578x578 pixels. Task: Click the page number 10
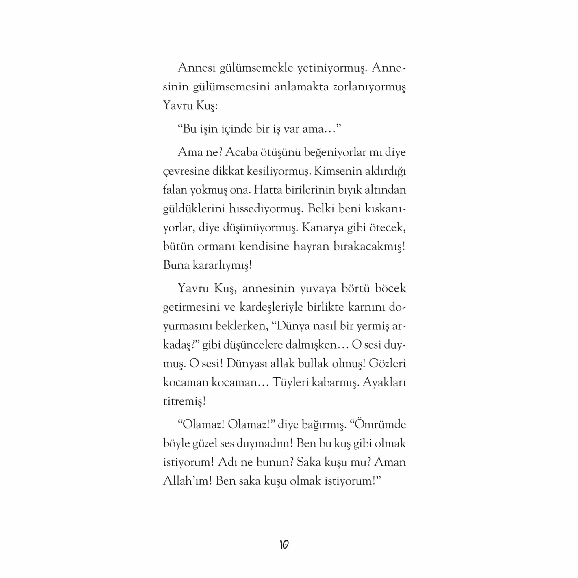(284, 544)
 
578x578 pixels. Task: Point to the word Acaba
(241, 152)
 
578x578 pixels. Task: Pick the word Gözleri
(387, 364)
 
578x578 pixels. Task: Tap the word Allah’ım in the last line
(187, 481)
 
